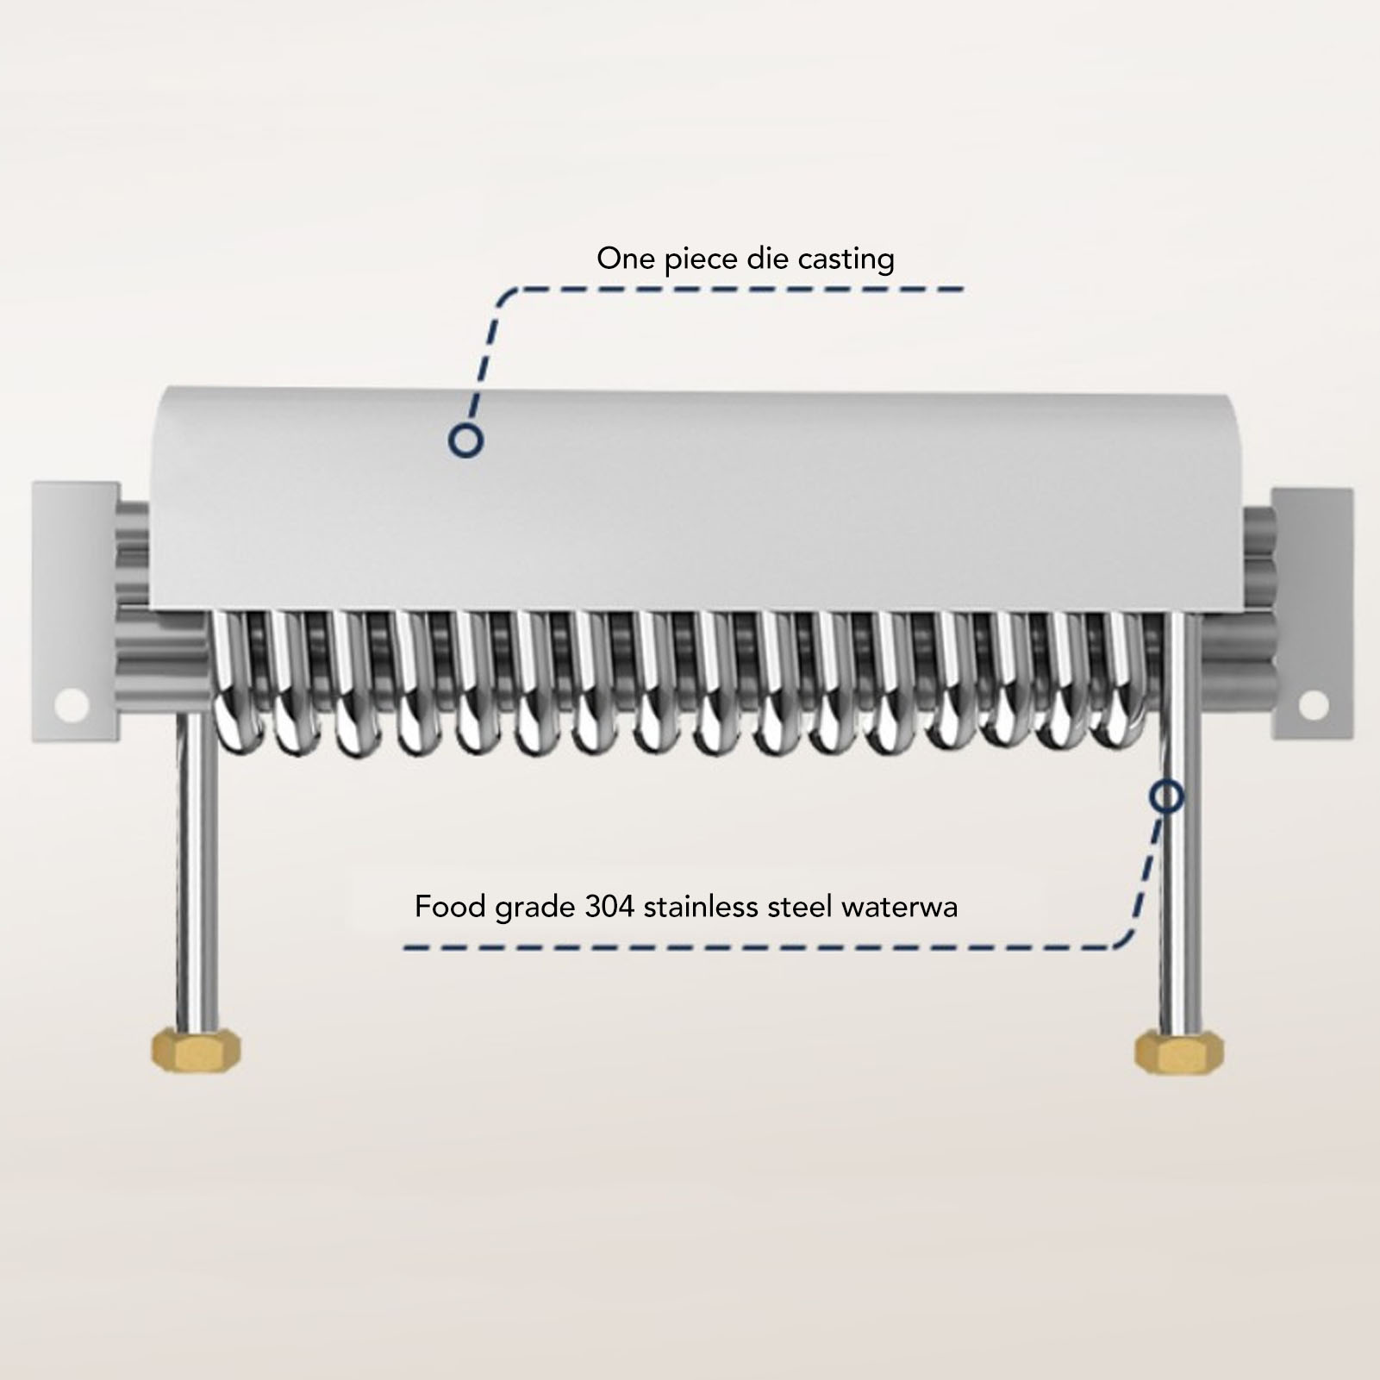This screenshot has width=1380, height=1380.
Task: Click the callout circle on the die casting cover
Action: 465,440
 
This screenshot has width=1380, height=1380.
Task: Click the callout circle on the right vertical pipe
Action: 1166,797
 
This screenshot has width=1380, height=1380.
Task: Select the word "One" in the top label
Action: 626,259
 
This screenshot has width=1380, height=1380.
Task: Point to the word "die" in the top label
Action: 766,259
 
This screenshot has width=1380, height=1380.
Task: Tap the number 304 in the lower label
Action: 610,908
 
